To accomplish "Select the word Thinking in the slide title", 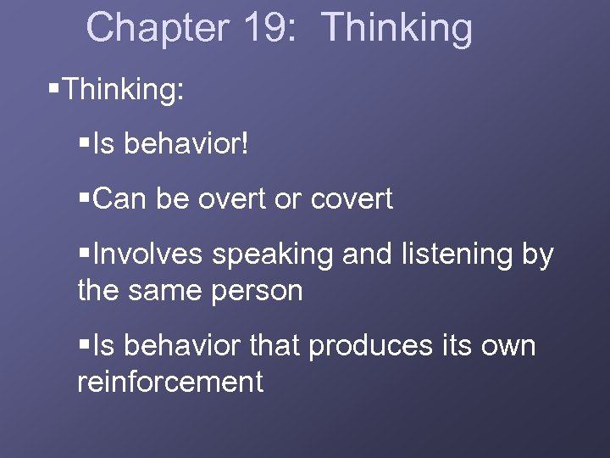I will [397, 27].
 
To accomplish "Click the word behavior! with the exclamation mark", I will [187, 143].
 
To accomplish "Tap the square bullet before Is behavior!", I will [83, 143].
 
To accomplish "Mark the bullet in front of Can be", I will [83, 198].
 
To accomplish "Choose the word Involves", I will [148, 254].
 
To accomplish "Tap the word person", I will [260, 292].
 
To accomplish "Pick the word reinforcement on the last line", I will [170, 382].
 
